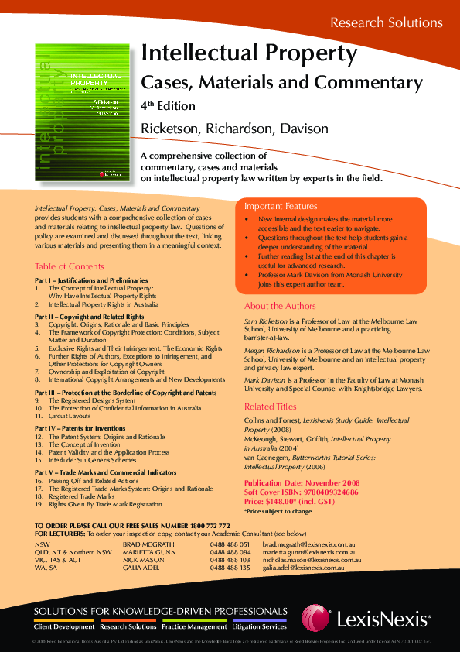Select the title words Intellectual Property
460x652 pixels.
coord(248,53)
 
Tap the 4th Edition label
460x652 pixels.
coord(168,105)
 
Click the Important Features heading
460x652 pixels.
coord(281,207)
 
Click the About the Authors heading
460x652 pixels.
coord(279,307)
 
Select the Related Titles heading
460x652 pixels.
coord(270,407)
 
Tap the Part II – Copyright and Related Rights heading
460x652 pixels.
coord(89,317)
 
